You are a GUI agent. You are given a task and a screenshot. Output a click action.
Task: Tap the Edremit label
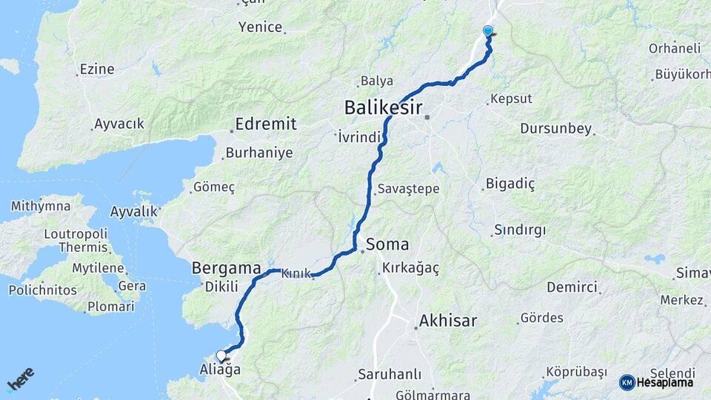265,124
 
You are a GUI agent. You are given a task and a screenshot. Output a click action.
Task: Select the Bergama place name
226,267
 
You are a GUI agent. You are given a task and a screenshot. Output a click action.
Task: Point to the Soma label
387,244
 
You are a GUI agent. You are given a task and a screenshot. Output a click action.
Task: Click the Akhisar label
447,321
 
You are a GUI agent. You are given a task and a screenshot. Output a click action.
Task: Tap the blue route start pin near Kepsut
487,31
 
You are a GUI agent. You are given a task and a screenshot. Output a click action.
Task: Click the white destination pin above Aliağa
221,355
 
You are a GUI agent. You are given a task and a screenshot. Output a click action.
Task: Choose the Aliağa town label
220,369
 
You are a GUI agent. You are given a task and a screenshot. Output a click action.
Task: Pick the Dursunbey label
555,129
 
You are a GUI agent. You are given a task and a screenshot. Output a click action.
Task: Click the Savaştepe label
408,189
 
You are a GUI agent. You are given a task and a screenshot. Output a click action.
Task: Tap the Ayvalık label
133,212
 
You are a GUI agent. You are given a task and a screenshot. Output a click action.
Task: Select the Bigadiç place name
510,183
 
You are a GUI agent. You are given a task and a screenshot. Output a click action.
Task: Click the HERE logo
20,379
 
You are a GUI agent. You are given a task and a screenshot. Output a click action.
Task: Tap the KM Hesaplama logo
656,382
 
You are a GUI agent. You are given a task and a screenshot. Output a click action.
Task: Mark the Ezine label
97,69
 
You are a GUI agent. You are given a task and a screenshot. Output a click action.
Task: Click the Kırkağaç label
411,268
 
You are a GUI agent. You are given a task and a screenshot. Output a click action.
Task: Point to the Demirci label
572,287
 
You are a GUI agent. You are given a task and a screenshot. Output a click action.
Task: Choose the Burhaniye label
259,153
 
